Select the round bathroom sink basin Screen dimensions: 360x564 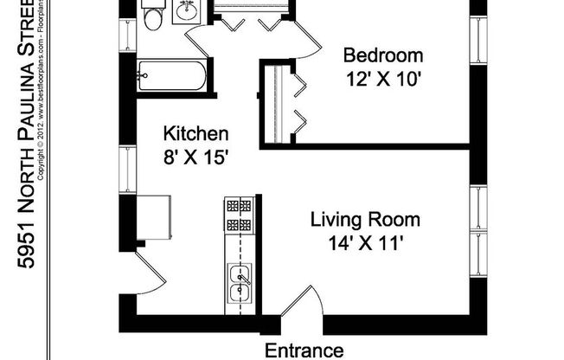click(187, 11)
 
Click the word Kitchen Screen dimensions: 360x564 click(196, 134)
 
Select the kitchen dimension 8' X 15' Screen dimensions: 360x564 click(196, 157)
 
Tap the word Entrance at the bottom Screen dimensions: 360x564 click(304, 350)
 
